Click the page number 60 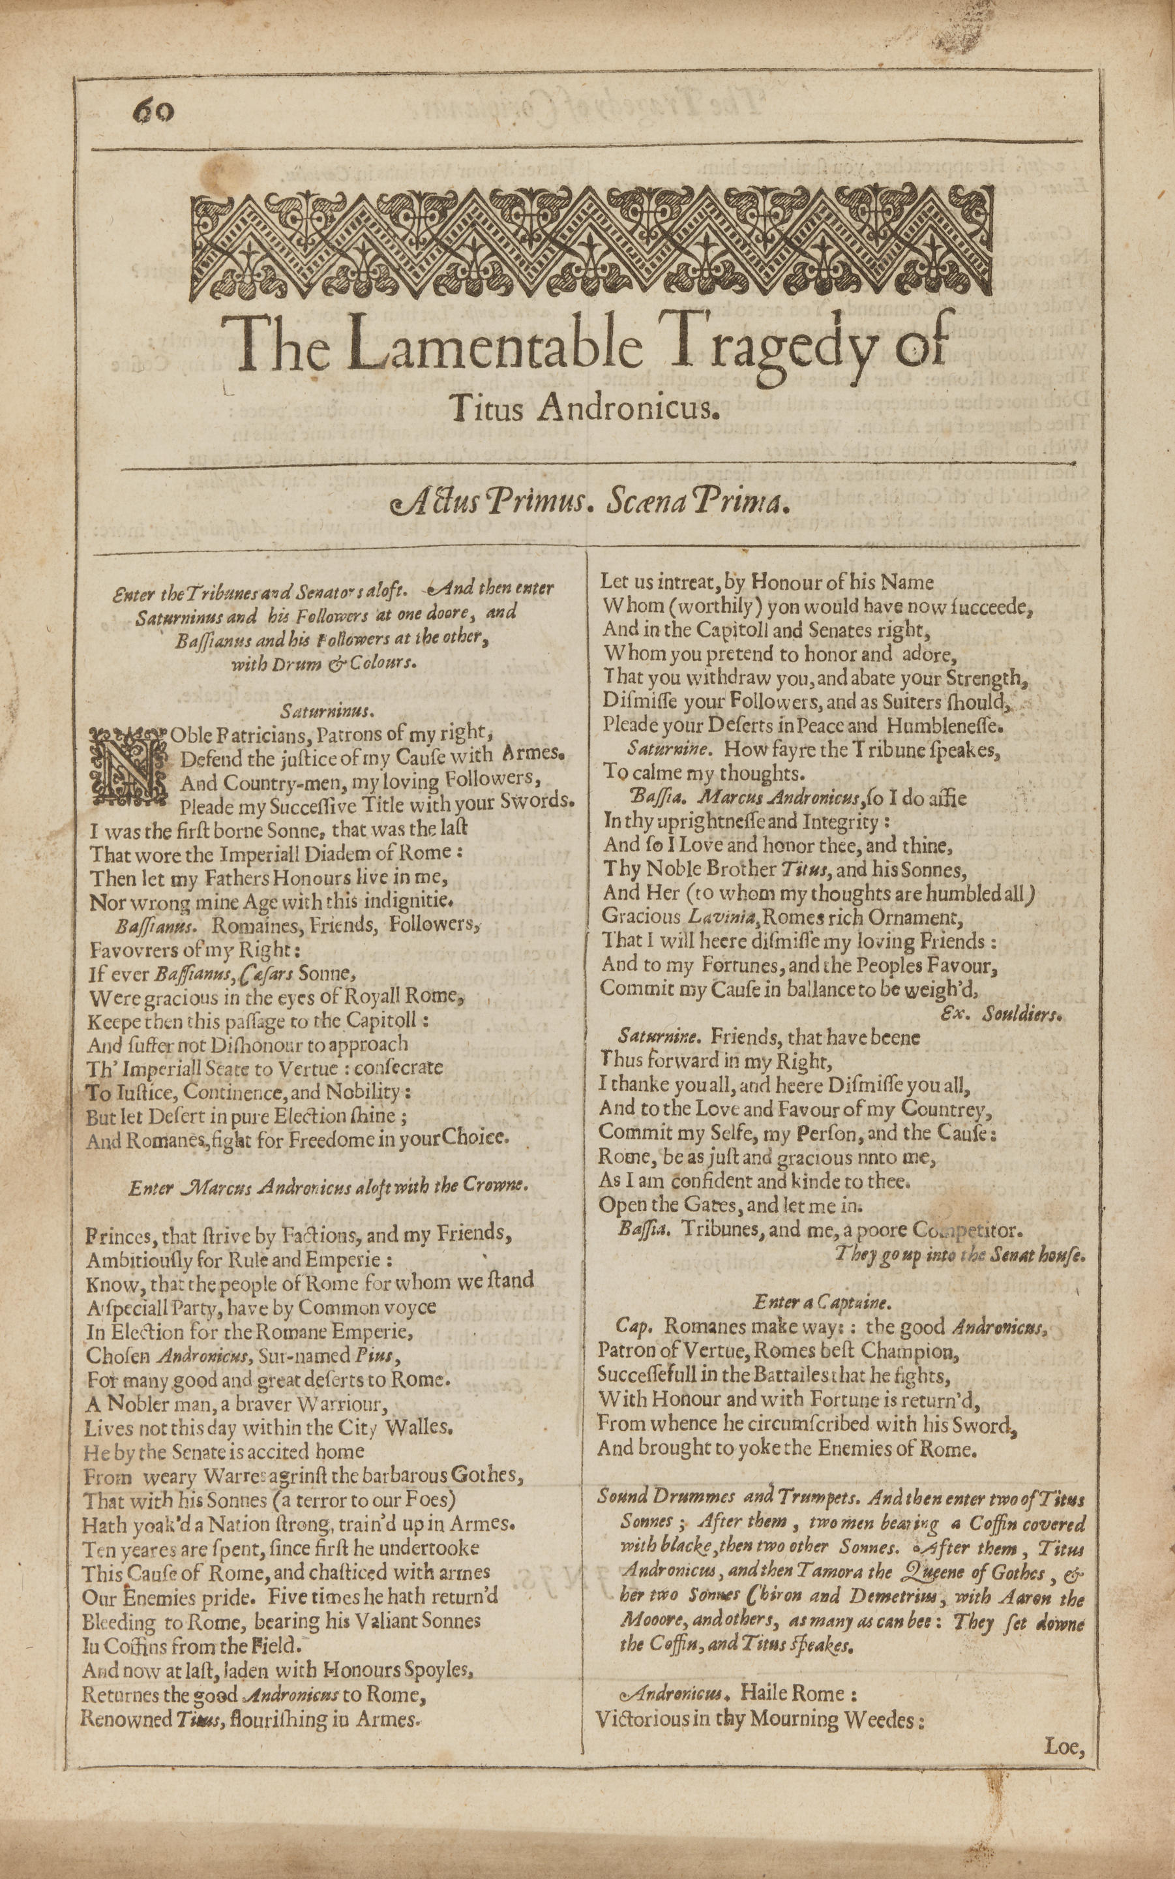click(x=154, y=113)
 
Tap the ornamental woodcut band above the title click(x=591, y=244)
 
